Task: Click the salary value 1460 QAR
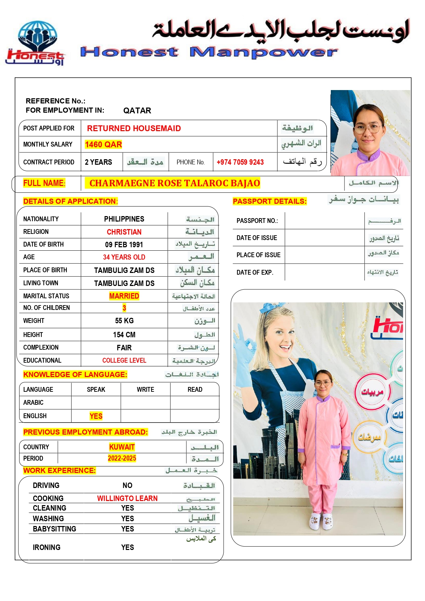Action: click(x=103, y=145)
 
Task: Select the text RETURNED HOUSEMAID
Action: click(x=134, y=128)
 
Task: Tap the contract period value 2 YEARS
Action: click(x=98, y=162)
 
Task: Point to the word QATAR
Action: click(x=137, y=111)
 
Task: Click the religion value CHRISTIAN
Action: click(x=124, y=232)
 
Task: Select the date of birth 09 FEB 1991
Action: click(x=124, y=245)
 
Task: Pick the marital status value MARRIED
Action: click(x=124, y=296)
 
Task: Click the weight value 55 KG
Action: click(x=124, y=321)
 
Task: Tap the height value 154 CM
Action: click(x=124, y=335)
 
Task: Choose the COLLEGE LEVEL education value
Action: click(x=124, y=361)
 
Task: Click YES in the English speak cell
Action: click(x=96, y=416)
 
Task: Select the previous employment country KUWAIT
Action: click(x=122, y=447)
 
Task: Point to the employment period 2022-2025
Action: click(x=122, y=459)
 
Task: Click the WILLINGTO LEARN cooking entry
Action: click(x=127, y=499)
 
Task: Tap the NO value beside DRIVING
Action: click(x=127, y=486)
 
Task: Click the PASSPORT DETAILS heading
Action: click(x=270, y=201)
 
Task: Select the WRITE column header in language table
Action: click(x=145, y=390)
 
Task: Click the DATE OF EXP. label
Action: click(x=254, y=273)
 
